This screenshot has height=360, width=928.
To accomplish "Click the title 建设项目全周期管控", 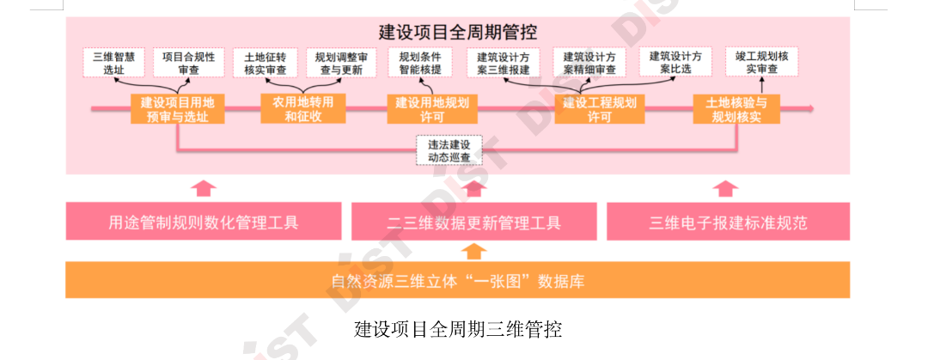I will click(x=458, y=32).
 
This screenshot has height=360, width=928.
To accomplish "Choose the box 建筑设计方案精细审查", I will click(x=589, y=63).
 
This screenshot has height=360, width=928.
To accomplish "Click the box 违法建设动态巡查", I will click(x=449, y=150).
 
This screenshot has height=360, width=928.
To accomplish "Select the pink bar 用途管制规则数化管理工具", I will click(x=204, y=223).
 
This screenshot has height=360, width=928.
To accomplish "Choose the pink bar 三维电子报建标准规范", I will click(x=728, y=223).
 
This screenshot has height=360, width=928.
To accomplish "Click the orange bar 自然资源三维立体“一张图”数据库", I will click(x=458, y=281).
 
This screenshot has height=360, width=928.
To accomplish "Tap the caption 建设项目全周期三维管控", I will click(x=458, y=330).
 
